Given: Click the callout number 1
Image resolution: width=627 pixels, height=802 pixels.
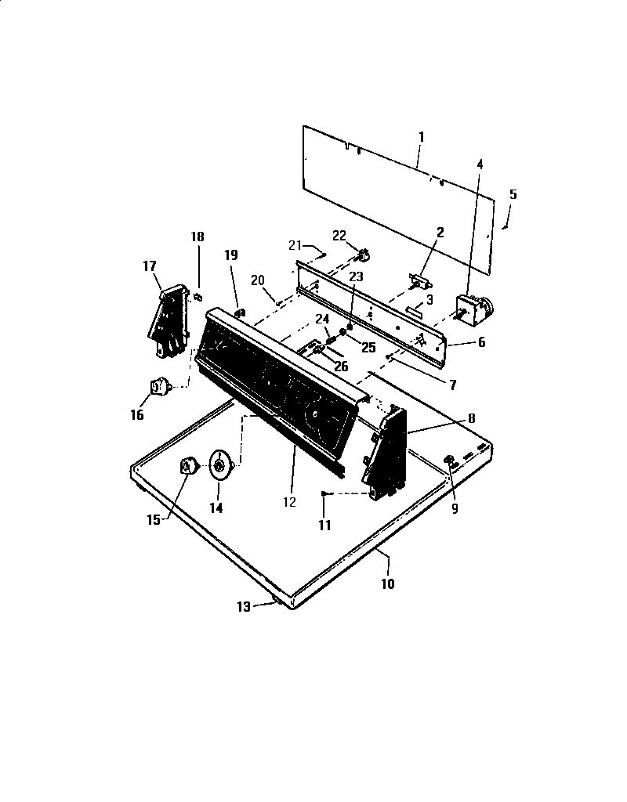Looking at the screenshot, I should click(421, 136).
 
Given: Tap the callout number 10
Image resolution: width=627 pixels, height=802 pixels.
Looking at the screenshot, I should click(388, 583).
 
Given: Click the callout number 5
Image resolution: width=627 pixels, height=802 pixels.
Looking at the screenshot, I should click(513, 194).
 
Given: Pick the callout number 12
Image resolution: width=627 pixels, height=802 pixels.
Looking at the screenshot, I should click(290, 502).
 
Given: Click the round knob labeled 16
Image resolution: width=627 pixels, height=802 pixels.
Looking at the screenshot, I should click(161, 385).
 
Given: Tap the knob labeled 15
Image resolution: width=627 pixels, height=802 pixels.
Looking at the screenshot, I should click(188, 467).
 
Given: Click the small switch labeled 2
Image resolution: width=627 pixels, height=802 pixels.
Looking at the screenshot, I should click(421, 278).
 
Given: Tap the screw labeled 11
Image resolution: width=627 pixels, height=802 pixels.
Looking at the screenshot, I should click(325, 493).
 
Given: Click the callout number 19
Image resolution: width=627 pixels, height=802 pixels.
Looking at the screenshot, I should click(231, 255).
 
